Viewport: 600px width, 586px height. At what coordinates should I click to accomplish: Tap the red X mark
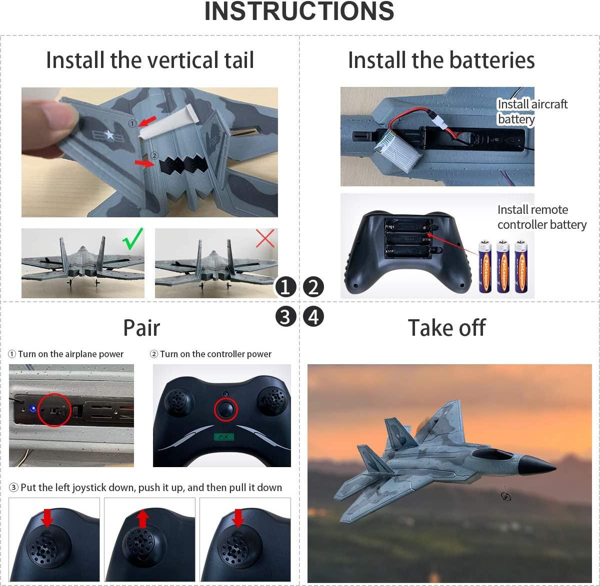pyautogui.click(x=265, y=238)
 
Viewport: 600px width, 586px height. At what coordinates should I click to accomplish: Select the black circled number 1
pyautogui.click(x=285, y=287)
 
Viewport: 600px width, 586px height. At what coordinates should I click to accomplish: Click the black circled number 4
pyautogui.click(x=313, y=317)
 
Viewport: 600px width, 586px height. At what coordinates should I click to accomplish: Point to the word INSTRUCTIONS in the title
pyautogui.click(x=299, y=11)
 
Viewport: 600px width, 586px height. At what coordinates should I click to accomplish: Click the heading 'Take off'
pyautogui.click(x=446, y=328)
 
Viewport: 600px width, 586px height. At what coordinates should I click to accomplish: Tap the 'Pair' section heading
pyautogui.click(x=141, y=328)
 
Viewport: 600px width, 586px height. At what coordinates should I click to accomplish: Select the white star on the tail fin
pyautogui.click(x=109, y=134)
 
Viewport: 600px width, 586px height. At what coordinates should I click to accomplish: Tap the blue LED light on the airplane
pyautogui.click(x=33, y=409)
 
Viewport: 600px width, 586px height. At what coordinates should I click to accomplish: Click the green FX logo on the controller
pyautogui.click(x=223, y=437)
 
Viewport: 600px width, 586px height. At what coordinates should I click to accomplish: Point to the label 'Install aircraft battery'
pyautogui.click(x=532, y=111)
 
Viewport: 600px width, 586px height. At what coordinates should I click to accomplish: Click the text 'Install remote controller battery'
pyautogui.click(x=541, y=217)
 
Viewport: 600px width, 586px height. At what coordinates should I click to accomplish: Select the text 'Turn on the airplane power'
pyautogui.click(x=70, y=354)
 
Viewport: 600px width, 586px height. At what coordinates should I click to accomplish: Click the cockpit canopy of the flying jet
pyautogui.click(x=487, y=455)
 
